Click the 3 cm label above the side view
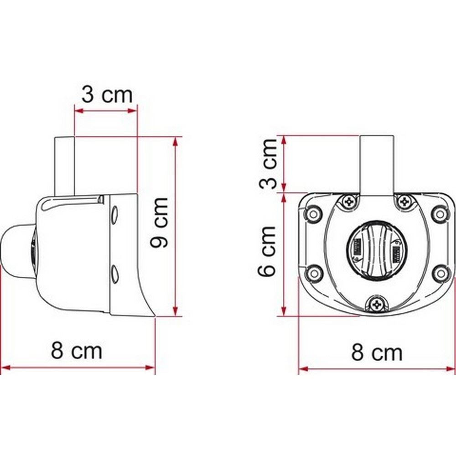tap(107, 95)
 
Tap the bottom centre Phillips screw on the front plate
tap(377, 304)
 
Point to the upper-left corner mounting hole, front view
tap(313, 213)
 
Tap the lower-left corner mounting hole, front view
tap(313, 273)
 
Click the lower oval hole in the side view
tap(114, 273)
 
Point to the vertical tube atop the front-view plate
tap(376, 164)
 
